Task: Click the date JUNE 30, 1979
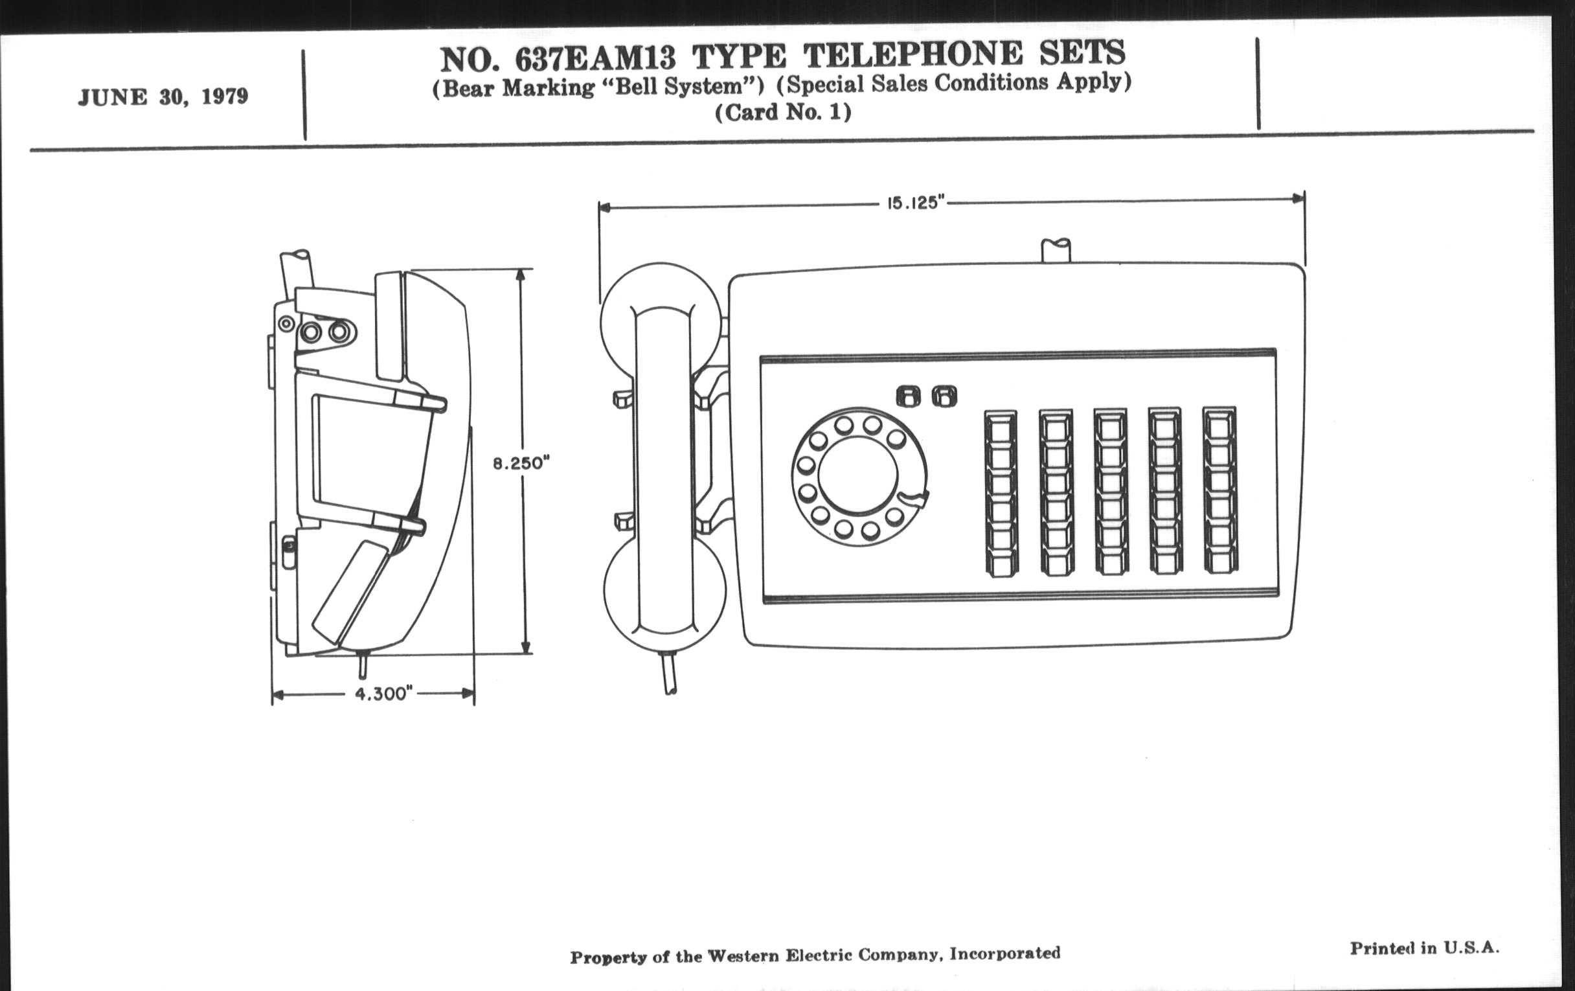point(163,97)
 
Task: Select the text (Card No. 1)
point(783,113)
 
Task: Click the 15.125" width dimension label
point(916,203)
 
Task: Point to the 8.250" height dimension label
point(521,463)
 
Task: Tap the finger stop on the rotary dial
point(913,499)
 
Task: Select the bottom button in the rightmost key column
point(1221,562)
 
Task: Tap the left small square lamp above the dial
point(909,396)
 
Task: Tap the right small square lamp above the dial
point(944,396)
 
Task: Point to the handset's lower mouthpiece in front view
point(664,605)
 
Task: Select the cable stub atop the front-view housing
point(1056,251)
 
